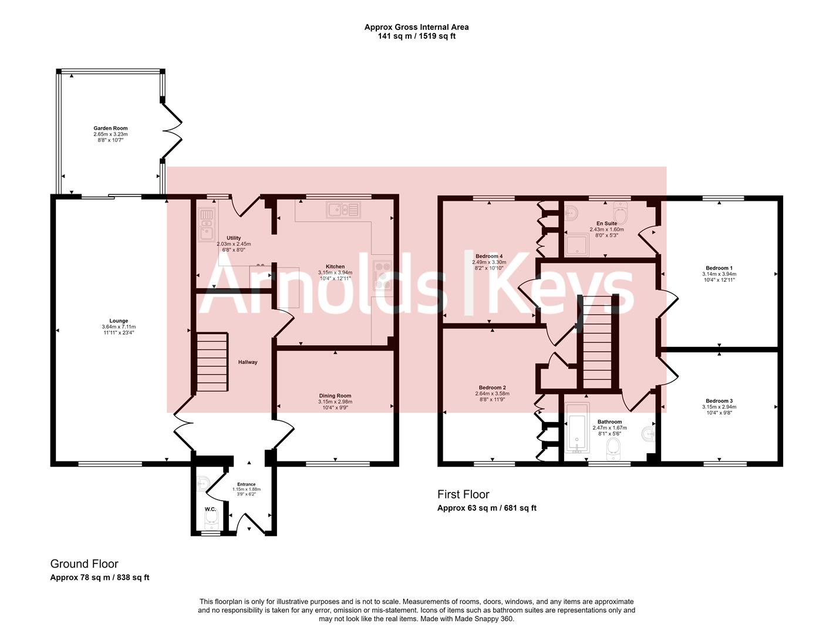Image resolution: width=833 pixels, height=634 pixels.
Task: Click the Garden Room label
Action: click(x=110, y=128)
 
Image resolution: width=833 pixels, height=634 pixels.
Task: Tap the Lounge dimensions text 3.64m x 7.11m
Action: click(x=119, y=326)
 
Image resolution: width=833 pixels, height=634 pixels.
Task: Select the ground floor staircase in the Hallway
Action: click(x=212, y=362)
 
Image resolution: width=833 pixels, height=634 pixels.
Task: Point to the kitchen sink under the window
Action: click(x=343, y=210)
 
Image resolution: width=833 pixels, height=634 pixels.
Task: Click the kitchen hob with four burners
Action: click(x=383, y=275)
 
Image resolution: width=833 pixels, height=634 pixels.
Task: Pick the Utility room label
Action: click(x=234, y=238)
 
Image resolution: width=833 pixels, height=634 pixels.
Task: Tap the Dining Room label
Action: click(x=335, y=395)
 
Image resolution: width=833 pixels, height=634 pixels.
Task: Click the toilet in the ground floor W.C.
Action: click(x=211, y=520)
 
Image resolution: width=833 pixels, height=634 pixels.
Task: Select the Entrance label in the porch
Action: click(x=247, y=484)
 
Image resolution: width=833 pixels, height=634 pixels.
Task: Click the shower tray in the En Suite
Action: click(x=577, y=245)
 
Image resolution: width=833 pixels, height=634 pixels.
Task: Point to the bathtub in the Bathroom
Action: click(x=577, y=428)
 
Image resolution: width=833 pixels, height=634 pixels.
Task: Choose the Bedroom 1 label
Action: click(x=719, y=268)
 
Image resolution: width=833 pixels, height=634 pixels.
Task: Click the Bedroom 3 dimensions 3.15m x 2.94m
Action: click(x=719, y=407)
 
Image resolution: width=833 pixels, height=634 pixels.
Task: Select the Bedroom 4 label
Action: click(x=489, y=256)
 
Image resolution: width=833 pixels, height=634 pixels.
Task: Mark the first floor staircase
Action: click(x=598, y=342)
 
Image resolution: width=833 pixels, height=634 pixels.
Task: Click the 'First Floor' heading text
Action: click(x=463, y=494)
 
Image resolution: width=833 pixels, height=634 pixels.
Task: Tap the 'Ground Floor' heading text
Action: click(x=85, y=564)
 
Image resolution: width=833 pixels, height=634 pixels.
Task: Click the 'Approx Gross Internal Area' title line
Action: click(x=416, y=27)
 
